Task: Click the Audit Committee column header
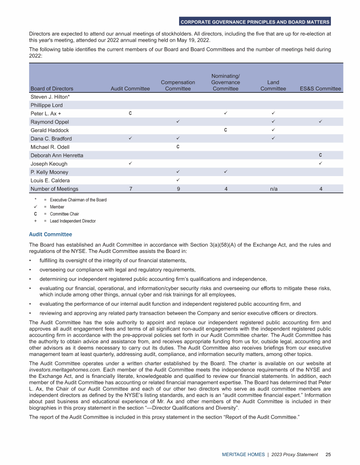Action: [x=130, y=89]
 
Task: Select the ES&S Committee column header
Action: [x=320, y=89]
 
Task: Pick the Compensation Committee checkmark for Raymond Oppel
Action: [x=179, y=122]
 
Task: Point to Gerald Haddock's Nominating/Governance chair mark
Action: [x=225, y=130]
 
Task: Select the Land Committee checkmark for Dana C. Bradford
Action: [x=273, y=139]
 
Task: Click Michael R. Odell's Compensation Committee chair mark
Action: [x=179, y=147]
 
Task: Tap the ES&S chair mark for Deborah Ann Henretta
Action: [x=320, y=155]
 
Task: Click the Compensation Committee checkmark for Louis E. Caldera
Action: [x=179, y=180]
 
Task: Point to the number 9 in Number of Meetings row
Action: [x=179, y=189]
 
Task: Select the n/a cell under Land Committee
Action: [x=273, y=189]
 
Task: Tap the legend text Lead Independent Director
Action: [x=73, y=221]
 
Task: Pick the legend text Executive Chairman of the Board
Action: [x=78, y=200]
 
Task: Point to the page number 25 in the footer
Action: [x=329, y=454]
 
